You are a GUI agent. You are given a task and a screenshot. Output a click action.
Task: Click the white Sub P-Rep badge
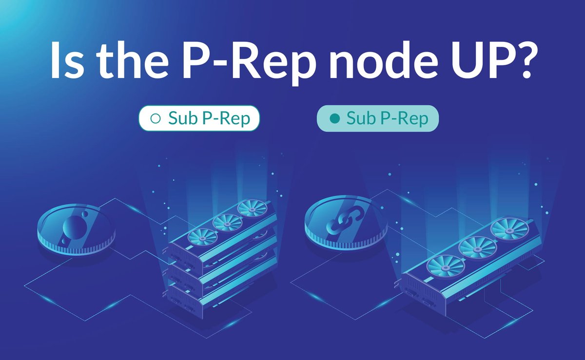[199, 118]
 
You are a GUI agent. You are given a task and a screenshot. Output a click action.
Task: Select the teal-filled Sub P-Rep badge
[378, 118]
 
